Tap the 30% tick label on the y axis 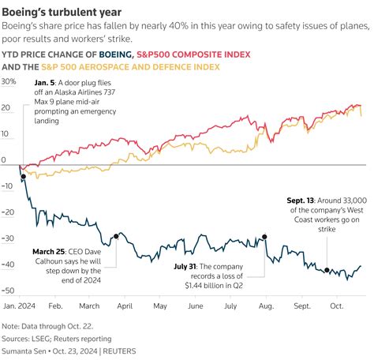point(9,81)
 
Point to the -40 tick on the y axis point(9,266)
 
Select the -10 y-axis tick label point(9,187)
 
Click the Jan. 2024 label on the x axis point(18,304)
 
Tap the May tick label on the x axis point(159,304)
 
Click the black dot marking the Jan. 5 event point(23,177)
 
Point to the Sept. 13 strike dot point(327,270)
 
